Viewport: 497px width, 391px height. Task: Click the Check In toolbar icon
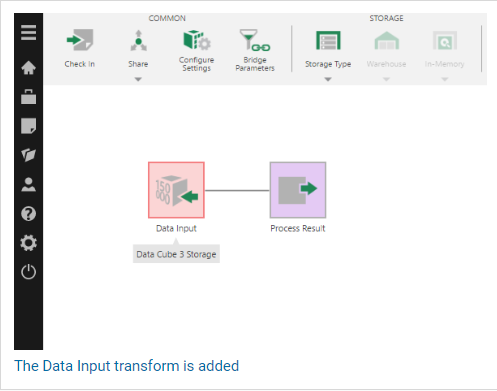tap(80, 40)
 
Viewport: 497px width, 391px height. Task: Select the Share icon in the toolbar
tap(139, 41)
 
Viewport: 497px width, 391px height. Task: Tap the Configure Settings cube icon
tap(197, 40)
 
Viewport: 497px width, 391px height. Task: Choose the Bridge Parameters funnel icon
tap(255, 40)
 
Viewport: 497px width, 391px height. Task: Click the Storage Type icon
tap(328, 40)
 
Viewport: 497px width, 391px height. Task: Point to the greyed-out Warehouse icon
tap(386, 41)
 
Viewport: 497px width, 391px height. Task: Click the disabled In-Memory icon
tap(445, 40)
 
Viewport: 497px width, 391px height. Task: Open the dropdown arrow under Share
tap(138, 79)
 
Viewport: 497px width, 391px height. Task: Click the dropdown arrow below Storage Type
tap(328, 79)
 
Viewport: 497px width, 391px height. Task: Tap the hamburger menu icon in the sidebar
tap(28, 32)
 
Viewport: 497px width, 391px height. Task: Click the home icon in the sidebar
tap(28, 68)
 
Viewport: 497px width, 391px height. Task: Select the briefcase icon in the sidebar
tap(28, 97)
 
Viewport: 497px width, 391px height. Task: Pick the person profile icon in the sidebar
tap(28, 184)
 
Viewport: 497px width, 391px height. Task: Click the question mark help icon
tap(28, 214)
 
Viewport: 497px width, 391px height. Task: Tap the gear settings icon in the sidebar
tap(28, 243)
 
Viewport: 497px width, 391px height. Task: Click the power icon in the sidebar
tap(28, 272)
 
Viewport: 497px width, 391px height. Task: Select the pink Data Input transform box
tap(176, 190)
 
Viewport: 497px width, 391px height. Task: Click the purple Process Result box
tap(298, 190)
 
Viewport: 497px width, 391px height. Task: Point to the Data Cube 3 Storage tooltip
tap(176, 254)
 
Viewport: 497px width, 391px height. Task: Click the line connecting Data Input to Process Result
tap(237, 190)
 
